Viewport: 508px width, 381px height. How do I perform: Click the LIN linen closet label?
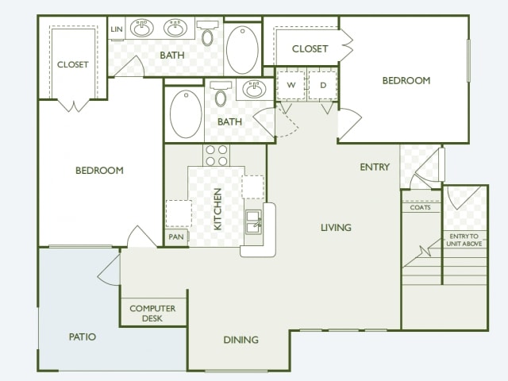pyautogui.click(x=117, y=29)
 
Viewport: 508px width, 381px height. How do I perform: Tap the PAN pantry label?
pyautogui.click(x=176, y=237)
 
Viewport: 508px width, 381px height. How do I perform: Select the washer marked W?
pyautogui.click(x=291, y=85)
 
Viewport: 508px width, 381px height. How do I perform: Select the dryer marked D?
pyautogui.click(x=323, y=85)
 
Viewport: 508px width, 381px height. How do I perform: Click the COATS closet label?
pyautogui.click(x=420, y=207)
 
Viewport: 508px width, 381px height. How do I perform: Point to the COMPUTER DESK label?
pyautogui.click(x=152, y=314)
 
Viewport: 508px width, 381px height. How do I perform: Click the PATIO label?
pyautogui.click(x=83, y=337)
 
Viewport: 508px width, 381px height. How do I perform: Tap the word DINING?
pyautogui.click(x=241, y=340)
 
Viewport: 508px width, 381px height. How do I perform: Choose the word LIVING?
pyautogui.click(x=336, y=228)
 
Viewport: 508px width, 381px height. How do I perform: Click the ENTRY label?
pyautogui.click(x=375, y=167)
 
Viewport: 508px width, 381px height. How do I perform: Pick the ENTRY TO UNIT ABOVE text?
pyautogui.click(x=464, y=240)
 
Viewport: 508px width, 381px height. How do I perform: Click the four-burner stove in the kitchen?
pyautogui.click(x=217, y=156)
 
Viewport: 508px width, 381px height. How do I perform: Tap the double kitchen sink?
pyautogui.click(x=254, y=222)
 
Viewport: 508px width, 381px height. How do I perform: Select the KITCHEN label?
pyautogui.click(x=217, y=210)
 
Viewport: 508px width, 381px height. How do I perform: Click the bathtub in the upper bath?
pyautogui.click(x=242, y=50)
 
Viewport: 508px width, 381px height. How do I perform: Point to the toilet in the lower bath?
pyautogui.click(x=221, y=94)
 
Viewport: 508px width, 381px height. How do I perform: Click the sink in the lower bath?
pyautogui.click(x=254, y=89)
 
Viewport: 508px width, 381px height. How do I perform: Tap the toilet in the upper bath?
pyautogui.click(x=207, y=33)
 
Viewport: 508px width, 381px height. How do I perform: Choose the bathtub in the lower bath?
pyautogui.click(x=186, y=114)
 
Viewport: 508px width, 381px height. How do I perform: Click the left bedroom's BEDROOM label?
pyautogui.click(x=99, y=171)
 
